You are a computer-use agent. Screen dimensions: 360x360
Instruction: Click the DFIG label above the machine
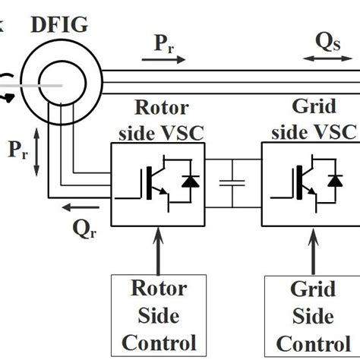tap(60, 25)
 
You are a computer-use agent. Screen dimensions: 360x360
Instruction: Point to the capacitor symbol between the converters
tap(232, 182)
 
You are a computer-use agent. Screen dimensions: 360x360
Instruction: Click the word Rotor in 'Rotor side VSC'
tap(160, 109)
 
